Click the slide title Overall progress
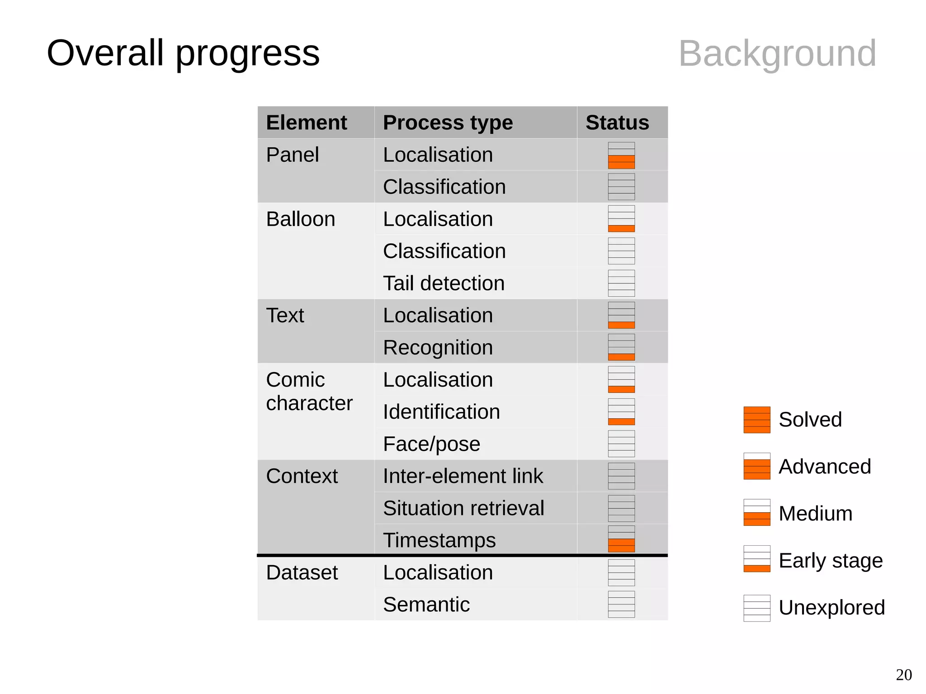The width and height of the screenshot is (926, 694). [x=183, y=53]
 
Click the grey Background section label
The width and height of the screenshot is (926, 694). [x=777, y=53]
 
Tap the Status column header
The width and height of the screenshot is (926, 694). [x=617, y=123]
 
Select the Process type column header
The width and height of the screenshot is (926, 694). [x=448, y=123]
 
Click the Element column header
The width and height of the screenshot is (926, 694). [x=307, y=123]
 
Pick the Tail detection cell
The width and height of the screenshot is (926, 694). [x=444, y=283]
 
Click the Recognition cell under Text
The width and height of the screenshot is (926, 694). [x=438, y=348]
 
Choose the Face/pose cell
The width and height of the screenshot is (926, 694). [x=431, y=444]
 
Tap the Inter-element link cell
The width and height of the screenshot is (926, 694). [x=463, y=476]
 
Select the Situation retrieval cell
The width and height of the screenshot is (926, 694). [x=463, y=508]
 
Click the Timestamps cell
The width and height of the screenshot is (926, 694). [x=439, y=540]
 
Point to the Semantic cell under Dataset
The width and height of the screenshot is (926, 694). [x=426, y=604]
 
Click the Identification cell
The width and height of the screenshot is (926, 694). [x=441, y=412]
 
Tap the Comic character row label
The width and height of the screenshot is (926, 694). [x=309, y=391]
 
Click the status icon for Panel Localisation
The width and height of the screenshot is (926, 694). [x=621, y=155]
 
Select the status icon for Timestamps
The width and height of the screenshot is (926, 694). [x=621, y=539]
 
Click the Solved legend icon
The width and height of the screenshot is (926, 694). [x=756, y=420]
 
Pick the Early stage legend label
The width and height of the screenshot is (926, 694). [x=830, y=561]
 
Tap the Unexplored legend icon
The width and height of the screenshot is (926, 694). [x=756, y=608]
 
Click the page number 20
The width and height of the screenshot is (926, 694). [x=903, y=675]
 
